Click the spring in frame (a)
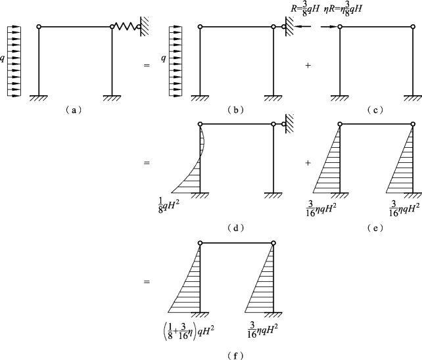(125, 27)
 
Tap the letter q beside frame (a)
(4, 58)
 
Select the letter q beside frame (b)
(164, 58)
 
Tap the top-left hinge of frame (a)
(39, 27)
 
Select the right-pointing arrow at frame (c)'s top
(331, 27)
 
